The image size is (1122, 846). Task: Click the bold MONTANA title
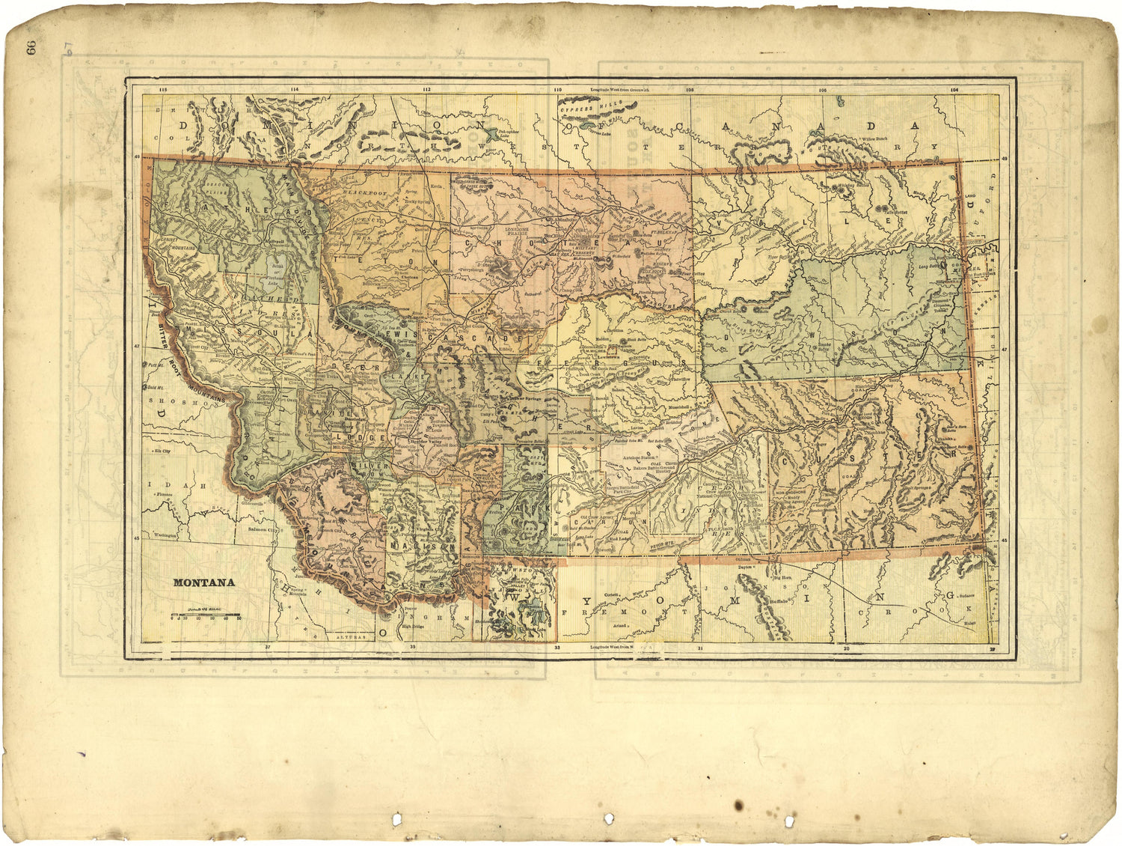(x=204, y=582)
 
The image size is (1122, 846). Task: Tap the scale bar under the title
(x=206, y=615)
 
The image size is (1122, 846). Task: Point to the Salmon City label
(x=263, y=529)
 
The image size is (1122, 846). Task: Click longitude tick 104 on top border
(x=954, y=90)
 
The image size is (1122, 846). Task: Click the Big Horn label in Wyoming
(x=782, y=578)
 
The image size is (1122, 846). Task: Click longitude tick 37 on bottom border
(x=266, y=645)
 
